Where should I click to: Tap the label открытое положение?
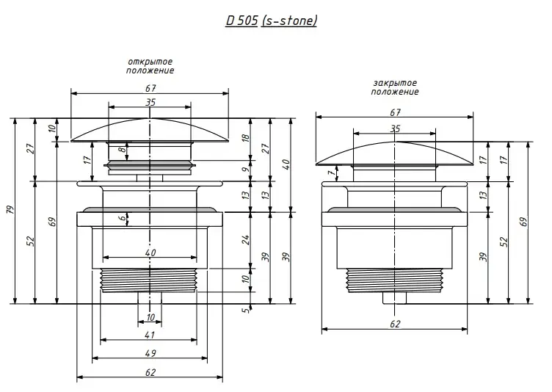pyautogui.click(x=150, y=66)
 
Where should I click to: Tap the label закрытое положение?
pyautogui.click(x=395, y=87)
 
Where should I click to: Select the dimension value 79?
pyautogui.click(x=10, y=211)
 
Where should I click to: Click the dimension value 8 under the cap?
pyautogui.click(x=123, y=151)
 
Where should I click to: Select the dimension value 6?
pyautogui.click(x=123, y=218)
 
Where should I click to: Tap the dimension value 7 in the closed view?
pyautogui.click(x=330, y=174)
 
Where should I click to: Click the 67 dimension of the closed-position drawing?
pyautogui.click(x=395, y=112)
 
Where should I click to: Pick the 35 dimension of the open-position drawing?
pyautogui.click(x=150, y=103)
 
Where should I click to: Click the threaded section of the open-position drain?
pyautogui.click(x=149, y=280)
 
